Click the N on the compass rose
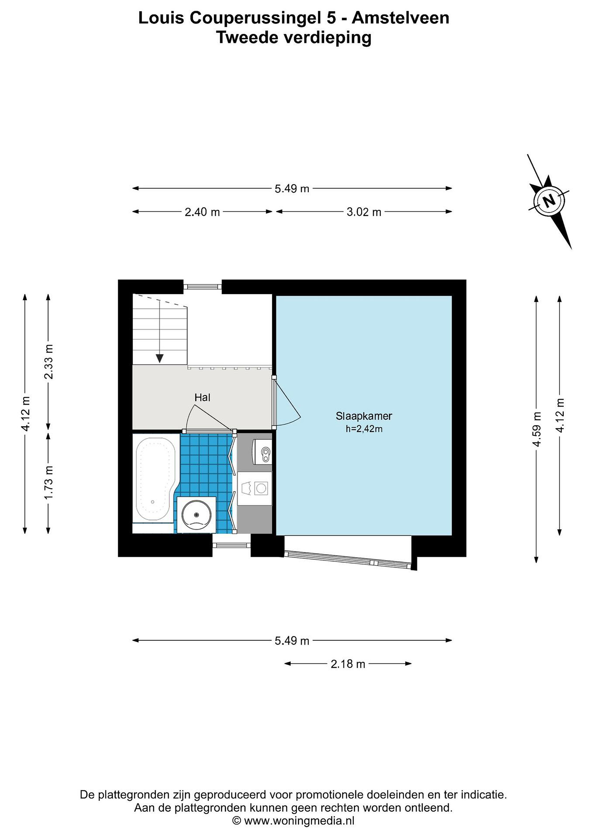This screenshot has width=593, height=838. click(549, 201)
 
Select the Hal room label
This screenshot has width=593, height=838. click(202, 397)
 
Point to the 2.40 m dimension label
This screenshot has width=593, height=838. click(202, 212)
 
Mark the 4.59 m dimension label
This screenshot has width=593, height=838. click(537, 429)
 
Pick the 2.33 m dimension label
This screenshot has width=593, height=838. click(49, 362)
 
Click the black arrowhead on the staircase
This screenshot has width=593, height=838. click(160, 358)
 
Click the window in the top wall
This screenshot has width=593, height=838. click(202, 287)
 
